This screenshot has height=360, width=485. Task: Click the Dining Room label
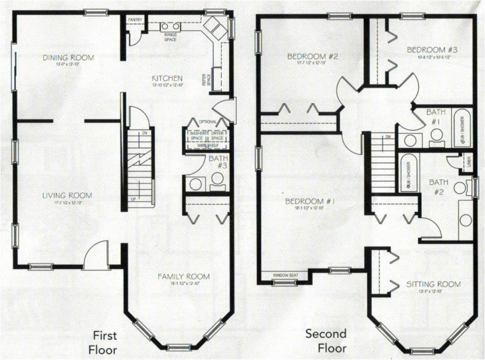click(68, 58)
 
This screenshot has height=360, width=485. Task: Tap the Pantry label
click(135, 20)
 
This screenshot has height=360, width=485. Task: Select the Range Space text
click(170, 37)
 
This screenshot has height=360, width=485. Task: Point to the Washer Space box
click(197, 135)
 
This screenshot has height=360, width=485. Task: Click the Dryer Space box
click(218, 135)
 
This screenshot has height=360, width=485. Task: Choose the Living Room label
click(67, 196)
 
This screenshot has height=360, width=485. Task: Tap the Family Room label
click(184, 276)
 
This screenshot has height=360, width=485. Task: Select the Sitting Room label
click(433, 284)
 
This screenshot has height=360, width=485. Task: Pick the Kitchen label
click(168, 78)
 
